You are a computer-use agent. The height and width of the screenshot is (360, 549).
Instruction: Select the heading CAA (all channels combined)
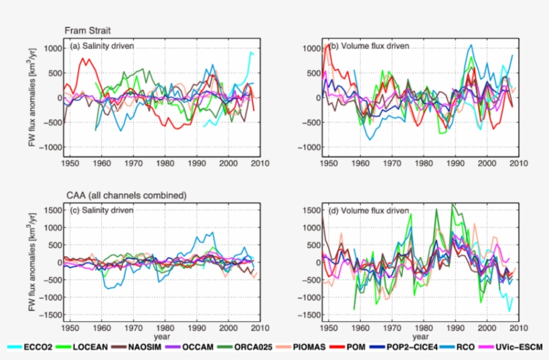tap(125, 195)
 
